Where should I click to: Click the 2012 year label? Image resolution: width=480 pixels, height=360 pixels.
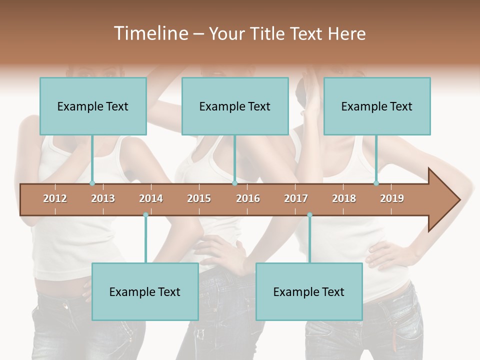click(55, 198)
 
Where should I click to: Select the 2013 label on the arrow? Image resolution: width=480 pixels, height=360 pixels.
click(103, 198)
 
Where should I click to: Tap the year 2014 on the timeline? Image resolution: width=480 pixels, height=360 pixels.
click(151, 198)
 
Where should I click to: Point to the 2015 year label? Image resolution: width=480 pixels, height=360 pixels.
click(199, 198)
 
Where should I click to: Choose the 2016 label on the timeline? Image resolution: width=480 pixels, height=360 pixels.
click(248, 198)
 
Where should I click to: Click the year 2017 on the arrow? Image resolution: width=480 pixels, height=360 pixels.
click(296, 198)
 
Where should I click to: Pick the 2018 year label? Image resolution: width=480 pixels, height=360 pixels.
click(344, 198)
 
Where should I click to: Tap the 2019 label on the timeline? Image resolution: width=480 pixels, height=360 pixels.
click(392, 198)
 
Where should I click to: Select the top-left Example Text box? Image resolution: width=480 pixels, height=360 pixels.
click(93, 106)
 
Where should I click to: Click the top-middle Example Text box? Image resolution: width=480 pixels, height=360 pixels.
click(235, 106)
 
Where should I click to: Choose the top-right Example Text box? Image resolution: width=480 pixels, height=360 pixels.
click(377, 106)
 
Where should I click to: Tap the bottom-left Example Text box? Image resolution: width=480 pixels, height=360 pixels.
click(145, 291)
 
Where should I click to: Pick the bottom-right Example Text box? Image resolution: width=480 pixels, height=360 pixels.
click(309, 291)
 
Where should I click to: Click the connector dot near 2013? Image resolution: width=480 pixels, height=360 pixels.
click(92, 183)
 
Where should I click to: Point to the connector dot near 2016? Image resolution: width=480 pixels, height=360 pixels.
click(234, 183)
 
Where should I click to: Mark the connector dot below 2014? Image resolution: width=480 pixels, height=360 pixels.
click(145, 215)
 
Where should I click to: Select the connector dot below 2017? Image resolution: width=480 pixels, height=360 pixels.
click(309, 215)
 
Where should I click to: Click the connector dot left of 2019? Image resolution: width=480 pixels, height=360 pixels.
click(376, 183)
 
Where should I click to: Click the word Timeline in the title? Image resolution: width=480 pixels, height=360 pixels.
click(150, 33)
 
